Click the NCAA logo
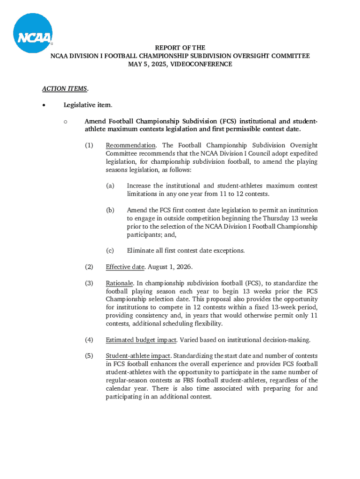point(33,33)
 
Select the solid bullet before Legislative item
point(43,105)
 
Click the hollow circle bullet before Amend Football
point(65,122)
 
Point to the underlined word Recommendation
point(130,145)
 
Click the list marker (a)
point(110,186)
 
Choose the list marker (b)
point(110,210)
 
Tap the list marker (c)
point(110,251)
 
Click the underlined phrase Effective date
point(125,267)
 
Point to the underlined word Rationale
point(120,283)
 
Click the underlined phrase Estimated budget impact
point(141,340)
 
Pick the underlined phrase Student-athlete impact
point(138,356)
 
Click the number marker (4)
point(89,340)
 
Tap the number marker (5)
point(89,356)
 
